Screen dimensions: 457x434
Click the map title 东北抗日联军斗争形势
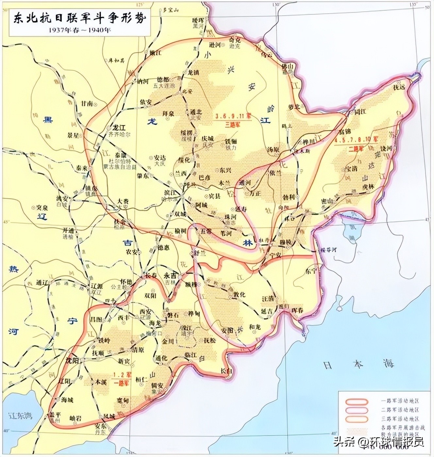point(79,19)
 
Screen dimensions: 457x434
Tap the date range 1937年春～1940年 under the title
point(79,30)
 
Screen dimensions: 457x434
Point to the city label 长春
point(151,276)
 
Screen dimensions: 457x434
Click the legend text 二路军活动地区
point(400,410)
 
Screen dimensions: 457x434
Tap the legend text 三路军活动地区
point(400,418)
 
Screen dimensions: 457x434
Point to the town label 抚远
point(399,87)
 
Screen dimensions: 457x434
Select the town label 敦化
point(239,294)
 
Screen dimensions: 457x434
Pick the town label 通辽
point(42,283)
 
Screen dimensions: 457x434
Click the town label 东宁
point(311,271)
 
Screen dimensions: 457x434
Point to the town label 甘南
point(87,103)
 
